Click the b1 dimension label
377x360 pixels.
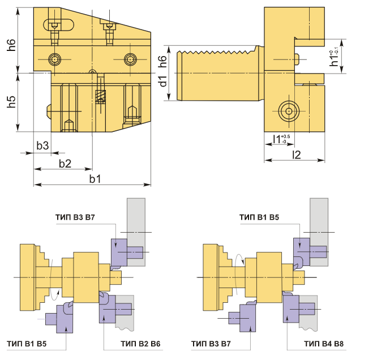(x=95, y=179)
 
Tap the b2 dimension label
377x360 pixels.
(x=65, y=164)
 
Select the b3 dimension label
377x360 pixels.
(x=42, y=145)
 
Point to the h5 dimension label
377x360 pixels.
(x=11, y=102)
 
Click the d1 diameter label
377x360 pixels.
(x=163, y=81)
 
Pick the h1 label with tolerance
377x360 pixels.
(x=335, y=58)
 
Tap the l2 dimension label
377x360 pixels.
(x=297, y=155)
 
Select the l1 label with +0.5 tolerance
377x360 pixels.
(x=281, y=139)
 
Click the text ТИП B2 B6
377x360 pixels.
(x=140, y=344)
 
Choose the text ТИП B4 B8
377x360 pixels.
(x=324, y=344)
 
